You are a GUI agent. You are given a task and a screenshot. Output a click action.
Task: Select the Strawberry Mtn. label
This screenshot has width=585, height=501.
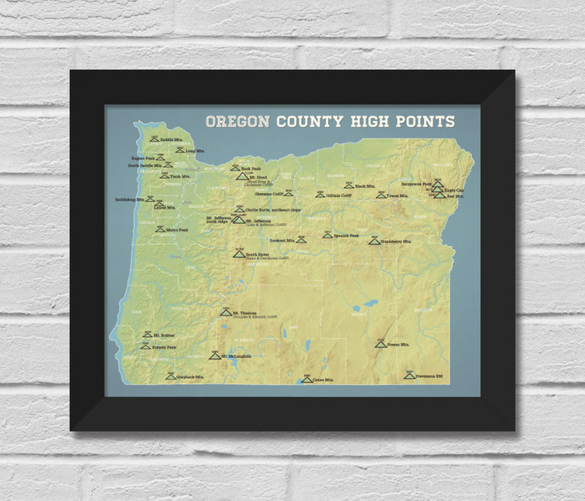397,241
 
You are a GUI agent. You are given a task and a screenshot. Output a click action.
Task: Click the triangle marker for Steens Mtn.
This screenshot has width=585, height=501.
380,343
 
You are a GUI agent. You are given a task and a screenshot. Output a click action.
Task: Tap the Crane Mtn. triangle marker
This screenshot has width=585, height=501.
306,379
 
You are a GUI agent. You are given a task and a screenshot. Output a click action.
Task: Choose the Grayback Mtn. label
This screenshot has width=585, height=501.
190,377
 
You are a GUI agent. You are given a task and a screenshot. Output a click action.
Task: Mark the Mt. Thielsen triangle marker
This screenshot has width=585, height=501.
226,312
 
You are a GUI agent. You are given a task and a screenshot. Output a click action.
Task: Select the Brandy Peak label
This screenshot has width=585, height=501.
164,347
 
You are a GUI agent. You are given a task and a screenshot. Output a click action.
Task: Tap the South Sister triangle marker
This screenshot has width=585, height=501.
239,253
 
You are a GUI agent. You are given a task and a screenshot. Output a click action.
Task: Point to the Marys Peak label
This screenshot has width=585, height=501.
178,229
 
